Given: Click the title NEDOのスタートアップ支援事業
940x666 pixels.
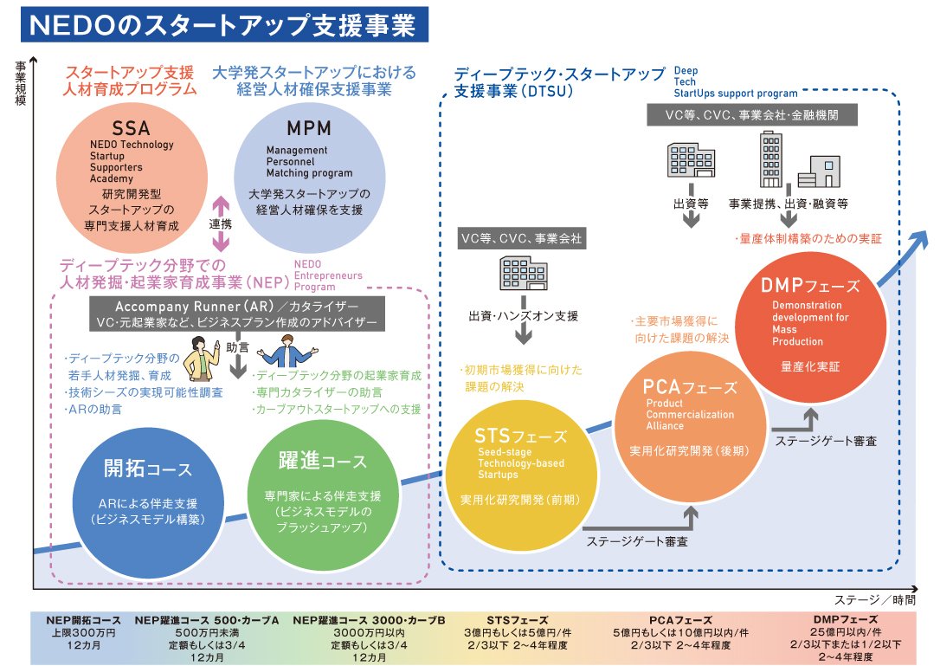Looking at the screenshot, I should [224, 25].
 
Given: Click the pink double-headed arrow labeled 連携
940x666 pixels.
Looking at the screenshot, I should [222, 223].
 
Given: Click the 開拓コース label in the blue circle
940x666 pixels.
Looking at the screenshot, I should [148, 469].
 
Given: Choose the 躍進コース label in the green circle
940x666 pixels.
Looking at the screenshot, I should [322, 462].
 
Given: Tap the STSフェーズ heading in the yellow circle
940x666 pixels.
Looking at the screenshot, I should [520, 436].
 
